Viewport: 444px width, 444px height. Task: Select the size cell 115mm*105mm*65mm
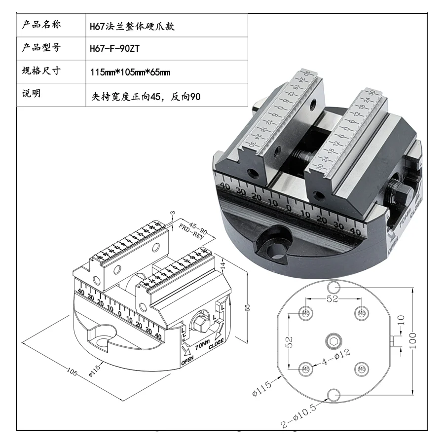tap(130, 73)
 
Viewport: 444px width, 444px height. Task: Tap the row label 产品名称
tap(41, 25)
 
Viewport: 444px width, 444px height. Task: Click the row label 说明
tap(32, 94)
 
